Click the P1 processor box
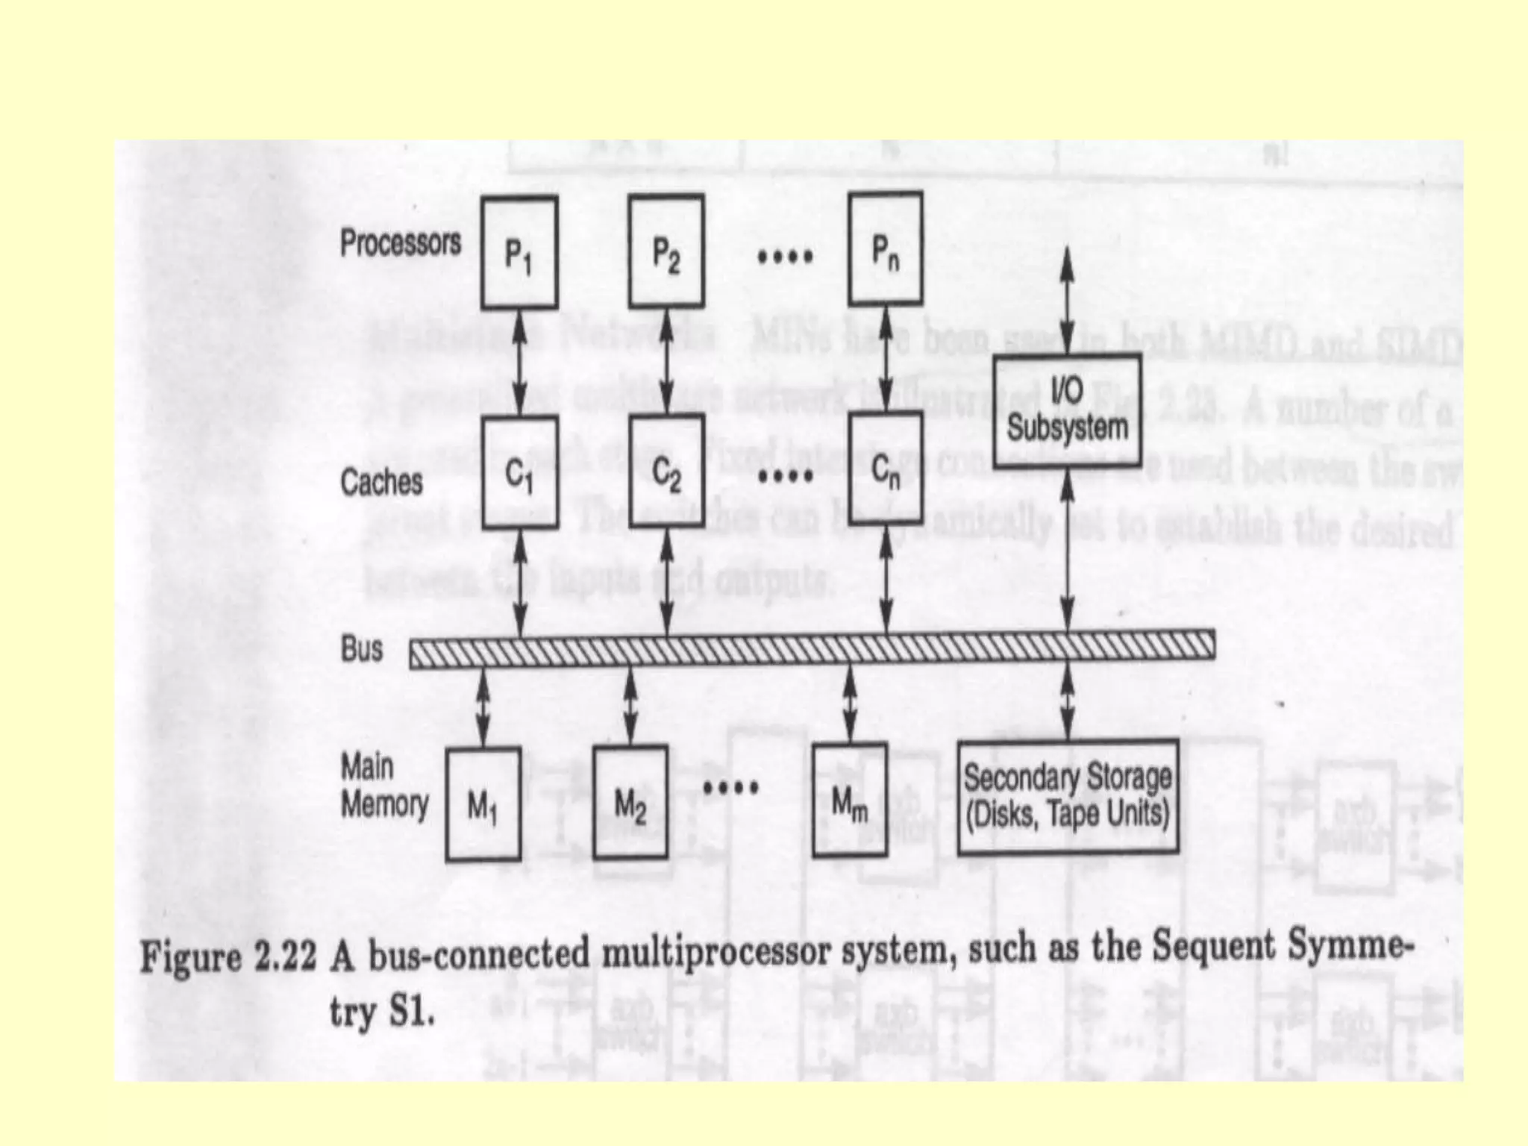519,252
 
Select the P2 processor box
666,251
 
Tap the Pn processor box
886,249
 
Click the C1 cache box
519,472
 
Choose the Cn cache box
886,469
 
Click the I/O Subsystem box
1067,410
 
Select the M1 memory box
483,804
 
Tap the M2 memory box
630,803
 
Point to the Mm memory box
850,801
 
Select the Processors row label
401,243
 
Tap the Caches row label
381,482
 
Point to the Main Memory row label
384,786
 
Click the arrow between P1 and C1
520,362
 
